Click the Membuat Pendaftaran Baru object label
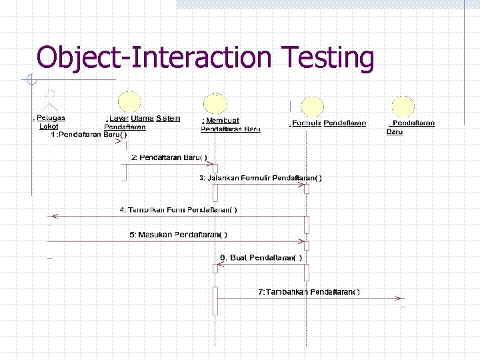click(x=230, y=125)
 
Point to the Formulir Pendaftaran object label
click(x=328, y=123)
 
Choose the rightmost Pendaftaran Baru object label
click(x=411, y=127)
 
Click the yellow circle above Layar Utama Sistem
click(x=129, y=102)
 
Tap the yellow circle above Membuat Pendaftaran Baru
click(x=215, y=105)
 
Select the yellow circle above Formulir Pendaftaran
click(x=312, y=107)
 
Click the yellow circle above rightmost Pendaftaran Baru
click(x=403, y=107)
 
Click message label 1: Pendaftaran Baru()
click(x=89, y=135)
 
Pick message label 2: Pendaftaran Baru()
click(x=169, y=157)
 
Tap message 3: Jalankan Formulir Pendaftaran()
click(x=261, y=178)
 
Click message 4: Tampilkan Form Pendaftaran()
click(x=178, y=209)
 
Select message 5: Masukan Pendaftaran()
click(x=178, y=234)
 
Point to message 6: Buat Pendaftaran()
click(x=261, y=257)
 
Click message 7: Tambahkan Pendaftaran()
click(x=309, y=291)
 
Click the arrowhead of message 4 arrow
click(x=54, y=217)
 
